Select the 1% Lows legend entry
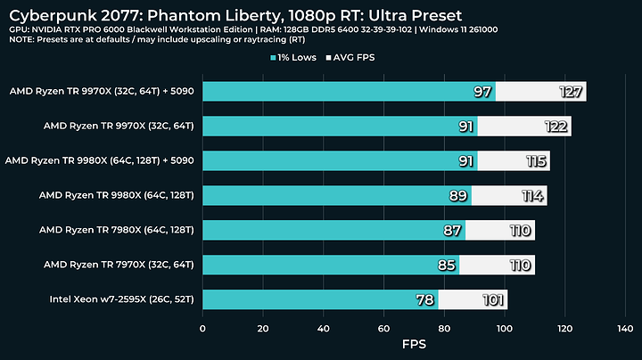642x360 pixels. click(300, 58)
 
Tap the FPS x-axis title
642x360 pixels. click(414, 343)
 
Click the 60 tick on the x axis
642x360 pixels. click(383, 328)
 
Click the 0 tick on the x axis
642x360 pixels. click(202, 328)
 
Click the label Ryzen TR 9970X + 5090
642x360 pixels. click(102, 91)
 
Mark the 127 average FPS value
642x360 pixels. click(570, 92)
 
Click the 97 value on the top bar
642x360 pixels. click(483, 92)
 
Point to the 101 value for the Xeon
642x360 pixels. click(492, 300)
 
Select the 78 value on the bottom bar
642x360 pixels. click(426, 300)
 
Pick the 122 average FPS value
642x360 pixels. click(556, 127)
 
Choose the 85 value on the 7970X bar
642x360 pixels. click(447, 266)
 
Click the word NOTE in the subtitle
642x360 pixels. click(25, 41)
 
